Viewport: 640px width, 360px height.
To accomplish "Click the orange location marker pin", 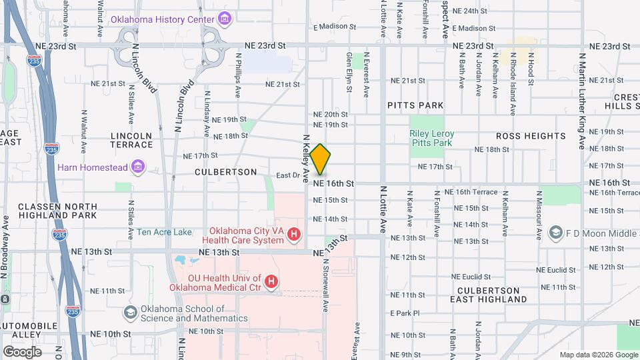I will [320, 159].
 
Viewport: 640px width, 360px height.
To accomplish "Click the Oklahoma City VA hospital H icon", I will [294, 234].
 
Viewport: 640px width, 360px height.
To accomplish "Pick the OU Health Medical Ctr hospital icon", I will [271, 282].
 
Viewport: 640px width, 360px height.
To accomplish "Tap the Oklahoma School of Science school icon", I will [130, 313].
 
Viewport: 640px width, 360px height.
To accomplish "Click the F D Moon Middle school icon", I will [555, 233].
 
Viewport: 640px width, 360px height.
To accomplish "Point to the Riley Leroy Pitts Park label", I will [431, 138].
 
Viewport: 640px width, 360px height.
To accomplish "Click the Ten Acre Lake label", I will [164, 233].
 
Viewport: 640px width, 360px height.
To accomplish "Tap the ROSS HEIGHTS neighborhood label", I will [531, 136].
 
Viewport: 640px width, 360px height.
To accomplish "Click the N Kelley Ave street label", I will [307, 159].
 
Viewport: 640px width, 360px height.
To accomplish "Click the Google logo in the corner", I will [22, 351].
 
